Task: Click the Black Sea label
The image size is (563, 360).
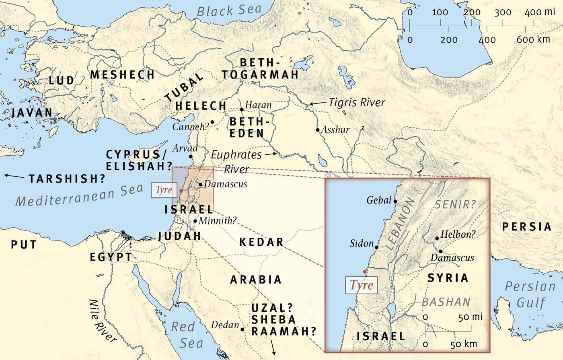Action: (229, 10)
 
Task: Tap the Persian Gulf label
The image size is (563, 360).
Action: (530, 294)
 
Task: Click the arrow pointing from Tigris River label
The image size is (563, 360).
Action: (318, 103)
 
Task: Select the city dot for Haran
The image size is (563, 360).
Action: (242, 109)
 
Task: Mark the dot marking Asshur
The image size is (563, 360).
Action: (318, 130)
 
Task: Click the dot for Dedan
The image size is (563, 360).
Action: (242, 329)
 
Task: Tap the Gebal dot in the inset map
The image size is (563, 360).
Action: (395, 202)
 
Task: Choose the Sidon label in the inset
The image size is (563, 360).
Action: (362, 243)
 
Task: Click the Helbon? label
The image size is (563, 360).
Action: (458, 234)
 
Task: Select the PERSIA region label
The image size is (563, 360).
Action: (526, 227)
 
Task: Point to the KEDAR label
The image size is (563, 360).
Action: (261, 242)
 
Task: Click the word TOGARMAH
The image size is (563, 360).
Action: (260, 74)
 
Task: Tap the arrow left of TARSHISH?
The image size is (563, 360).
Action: (14, 176)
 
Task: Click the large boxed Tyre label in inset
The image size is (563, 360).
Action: (362, 285)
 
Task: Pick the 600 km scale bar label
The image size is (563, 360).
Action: (533, 39)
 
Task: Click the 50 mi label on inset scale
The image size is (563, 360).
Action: (470, 317)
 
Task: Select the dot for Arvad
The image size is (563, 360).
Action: (191, 157)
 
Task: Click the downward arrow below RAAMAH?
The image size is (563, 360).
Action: (274, 347)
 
